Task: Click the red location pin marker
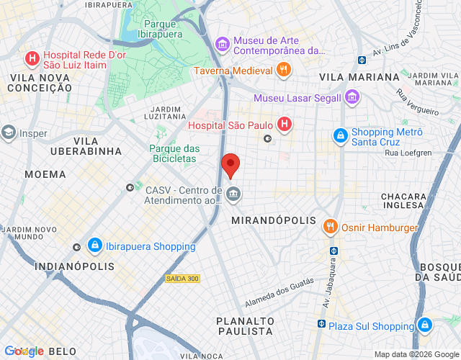230,165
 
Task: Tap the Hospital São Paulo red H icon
285,125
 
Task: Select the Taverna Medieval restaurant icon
285,70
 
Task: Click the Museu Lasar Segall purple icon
352,96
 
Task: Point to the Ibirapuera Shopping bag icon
94,246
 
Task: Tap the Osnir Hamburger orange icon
331,227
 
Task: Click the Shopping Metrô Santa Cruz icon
340,135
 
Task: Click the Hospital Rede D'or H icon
32,58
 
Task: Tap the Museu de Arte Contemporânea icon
223,45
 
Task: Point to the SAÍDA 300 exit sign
182,278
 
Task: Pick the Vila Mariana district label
359,76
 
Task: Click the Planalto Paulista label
245,325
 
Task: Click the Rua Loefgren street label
407,153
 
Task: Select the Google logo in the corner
23,351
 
